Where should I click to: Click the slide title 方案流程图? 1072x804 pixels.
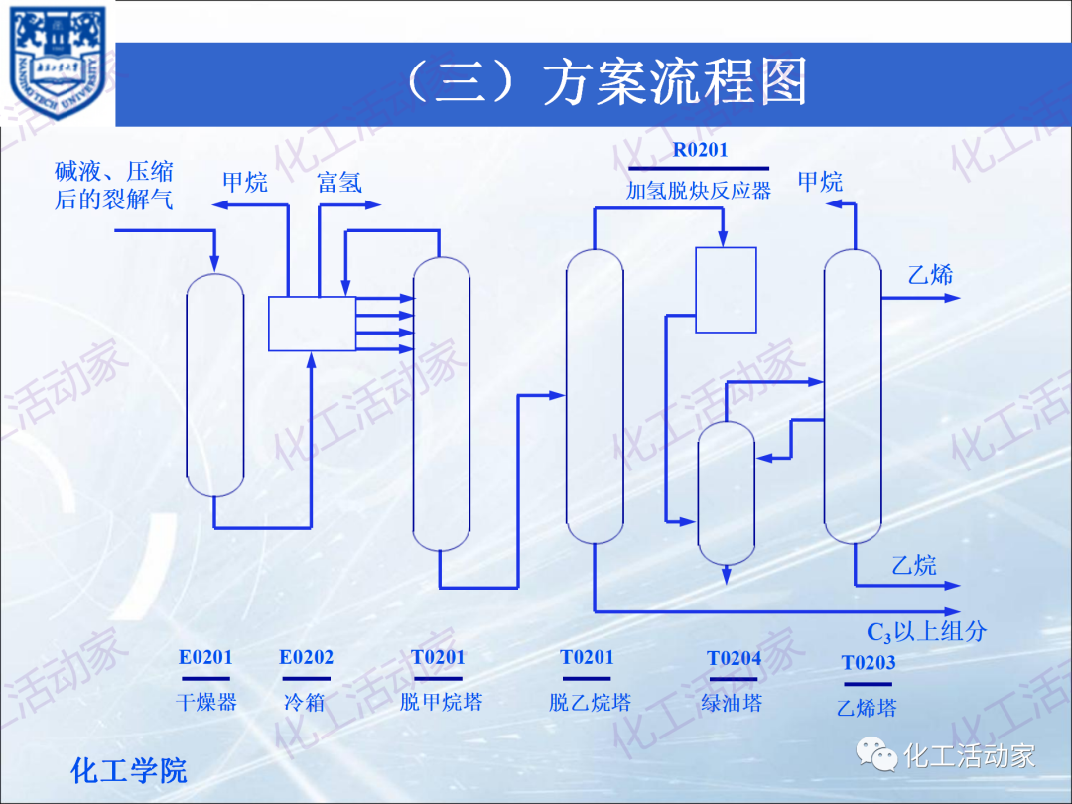(x=607, y=83)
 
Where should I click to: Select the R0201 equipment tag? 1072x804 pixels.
(x=700, y=151)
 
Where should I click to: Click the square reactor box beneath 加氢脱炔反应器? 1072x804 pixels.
(x=726, y=290)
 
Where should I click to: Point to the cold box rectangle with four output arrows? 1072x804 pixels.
(x=312, y=324)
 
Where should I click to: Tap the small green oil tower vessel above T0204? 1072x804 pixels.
(x=727, y=492)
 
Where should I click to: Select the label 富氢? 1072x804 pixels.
(x=339, y=183)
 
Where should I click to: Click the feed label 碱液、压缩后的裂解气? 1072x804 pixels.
(x=114, y=186)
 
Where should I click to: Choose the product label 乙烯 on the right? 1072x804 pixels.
(x=930, y=275)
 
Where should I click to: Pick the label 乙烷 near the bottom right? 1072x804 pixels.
(x=913, y=566)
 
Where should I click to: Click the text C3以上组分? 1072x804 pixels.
(x=926, y=632)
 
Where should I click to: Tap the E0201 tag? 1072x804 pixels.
(x=205, y=657)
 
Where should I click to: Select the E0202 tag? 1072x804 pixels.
(x=306, y=657)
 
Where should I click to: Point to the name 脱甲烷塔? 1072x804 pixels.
(x=441, y=703)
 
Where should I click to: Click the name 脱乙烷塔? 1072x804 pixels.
(x=590, y=703)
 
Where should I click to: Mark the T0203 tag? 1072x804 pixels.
(x=869, y=663)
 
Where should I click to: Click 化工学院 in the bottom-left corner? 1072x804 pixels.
(x=129, y=770)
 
